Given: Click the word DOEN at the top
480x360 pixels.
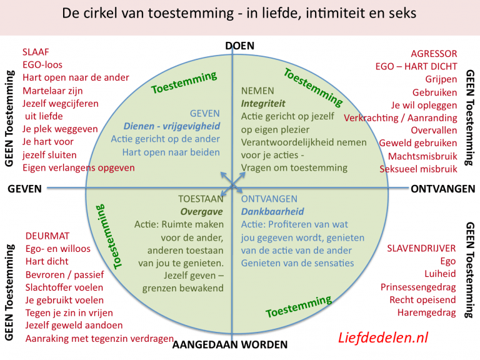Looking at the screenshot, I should (239, 45).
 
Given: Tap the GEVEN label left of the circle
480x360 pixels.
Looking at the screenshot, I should (25, 188).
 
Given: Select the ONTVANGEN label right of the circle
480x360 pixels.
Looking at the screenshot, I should (444, 188).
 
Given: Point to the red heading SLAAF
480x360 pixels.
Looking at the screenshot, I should (36, 52).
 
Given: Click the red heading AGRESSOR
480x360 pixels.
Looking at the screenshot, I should (434, 54).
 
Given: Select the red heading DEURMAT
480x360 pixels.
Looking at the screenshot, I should (47, 236).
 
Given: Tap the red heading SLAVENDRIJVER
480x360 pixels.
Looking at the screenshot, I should (422, 248).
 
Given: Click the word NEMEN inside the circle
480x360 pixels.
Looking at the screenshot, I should (257, 91).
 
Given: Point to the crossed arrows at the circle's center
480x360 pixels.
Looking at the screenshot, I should (232, 183).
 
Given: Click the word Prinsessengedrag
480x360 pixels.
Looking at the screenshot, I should (418, 287).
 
